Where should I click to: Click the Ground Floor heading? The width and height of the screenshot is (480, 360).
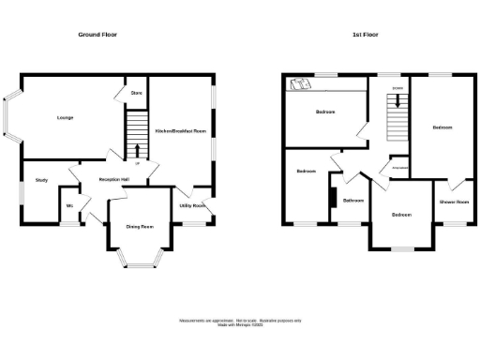[97, 35]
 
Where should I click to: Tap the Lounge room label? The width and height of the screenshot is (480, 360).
[65, 118]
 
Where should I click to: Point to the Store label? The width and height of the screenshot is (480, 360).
[136, 93]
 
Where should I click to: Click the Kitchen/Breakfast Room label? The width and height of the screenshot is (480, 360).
[181, 132]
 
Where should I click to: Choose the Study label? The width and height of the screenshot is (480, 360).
[41, 179]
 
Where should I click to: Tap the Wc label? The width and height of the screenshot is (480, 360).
[69, 206]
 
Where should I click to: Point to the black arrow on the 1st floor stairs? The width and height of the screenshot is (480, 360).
[397, 102]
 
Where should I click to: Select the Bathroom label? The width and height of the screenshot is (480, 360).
[353, 201]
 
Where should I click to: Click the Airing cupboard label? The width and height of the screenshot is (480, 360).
[397, 169]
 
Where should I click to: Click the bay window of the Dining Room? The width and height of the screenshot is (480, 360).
[140, 260]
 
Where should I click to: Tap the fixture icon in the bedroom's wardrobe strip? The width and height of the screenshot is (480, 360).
[301, 85]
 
